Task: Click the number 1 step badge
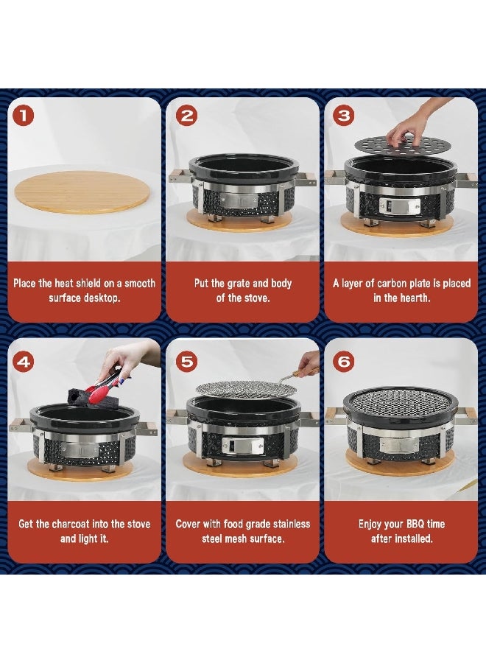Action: [x=24, y=116]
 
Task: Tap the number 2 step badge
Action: [x=186, y=116]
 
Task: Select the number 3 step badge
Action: [x=344, y=116]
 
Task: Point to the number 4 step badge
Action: [x=24, y=362]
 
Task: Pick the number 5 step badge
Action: [x=186, y=361]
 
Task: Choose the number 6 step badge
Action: [x=344, y=361]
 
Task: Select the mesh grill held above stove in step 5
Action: [x=242, y=387]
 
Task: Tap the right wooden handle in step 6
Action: [x=465, y=415]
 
